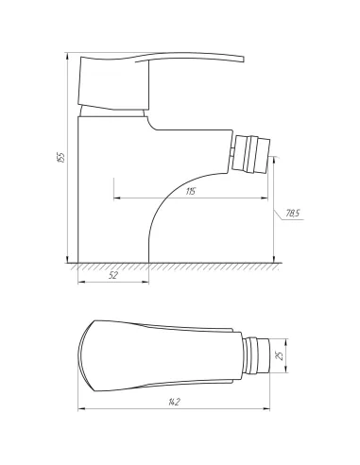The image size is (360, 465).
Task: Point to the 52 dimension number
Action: [x=113, y=275]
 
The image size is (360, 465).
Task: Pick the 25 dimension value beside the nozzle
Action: [x=278, y=356]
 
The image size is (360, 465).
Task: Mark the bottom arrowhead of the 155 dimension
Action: [x=68, y=260]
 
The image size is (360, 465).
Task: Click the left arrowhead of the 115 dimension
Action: [x=116, y=198]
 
